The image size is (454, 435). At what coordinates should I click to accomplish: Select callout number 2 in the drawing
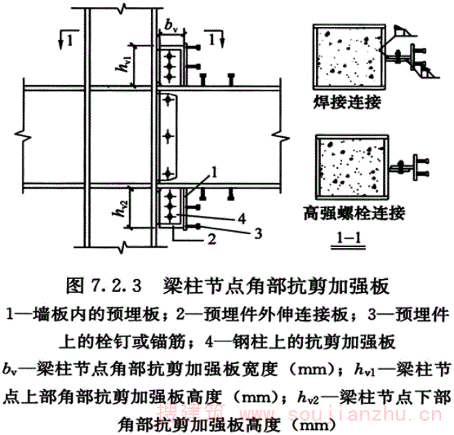pyautogui.click(x=209, y=239)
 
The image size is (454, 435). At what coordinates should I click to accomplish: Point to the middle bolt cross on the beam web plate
pyautogui.click(x=169, y=136)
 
